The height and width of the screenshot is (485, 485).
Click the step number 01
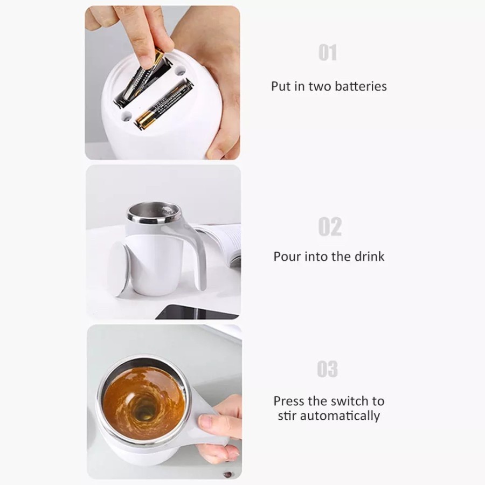(328, 53)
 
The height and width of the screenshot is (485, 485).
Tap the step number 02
(330, 227)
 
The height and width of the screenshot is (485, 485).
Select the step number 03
(327, 369)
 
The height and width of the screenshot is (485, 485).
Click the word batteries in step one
(361, 86)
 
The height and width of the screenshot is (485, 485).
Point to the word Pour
(287, 257)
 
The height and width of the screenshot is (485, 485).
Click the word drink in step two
(369, 257)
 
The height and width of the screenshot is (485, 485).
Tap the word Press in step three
(289, 401)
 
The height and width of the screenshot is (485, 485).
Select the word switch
(349, 401)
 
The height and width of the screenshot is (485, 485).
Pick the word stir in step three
(287, 416)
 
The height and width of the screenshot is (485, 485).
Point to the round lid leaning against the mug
(118, 268)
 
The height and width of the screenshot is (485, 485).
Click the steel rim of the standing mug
(154, 212)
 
